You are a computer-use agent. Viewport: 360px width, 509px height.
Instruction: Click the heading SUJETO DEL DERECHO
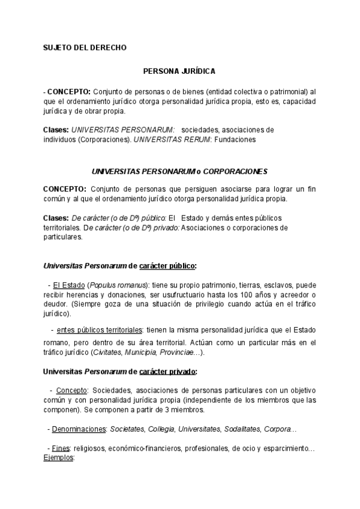[85, 47]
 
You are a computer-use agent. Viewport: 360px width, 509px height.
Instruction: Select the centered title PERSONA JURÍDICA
[179, 71]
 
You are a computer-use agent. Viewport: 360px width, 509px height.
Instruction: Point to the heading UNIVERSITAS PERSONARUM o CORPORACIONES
[179, 171]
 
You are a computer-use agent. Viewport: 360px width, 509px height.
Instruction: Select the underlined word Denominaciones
[78, 429]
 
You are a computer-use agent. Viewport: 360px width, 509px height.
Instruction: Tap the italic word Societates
[125, 429]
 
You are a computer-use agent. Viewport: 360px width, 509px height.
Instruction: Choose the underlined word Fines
[61, 448]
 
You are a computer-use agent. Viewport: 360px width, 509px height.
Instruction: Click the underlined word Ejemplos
[58, 457]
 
